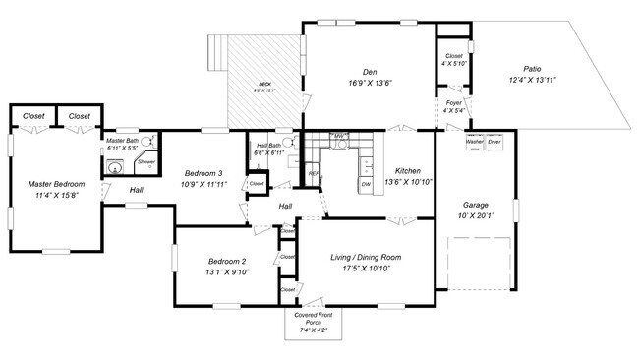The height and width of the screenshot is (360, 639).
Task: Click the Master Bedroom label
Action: [x=56, y=184]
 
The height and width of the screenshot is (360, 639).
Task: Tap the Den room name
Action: [x=370, y=71]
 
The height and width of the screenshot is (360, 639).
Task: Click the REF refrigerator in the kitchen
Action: [x=314, y=174]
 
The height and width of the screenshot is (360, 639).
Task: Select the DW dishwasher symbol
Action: [x=366, y=184]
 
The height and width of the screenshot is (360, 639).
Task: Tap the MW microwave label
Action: [x=339, y=136]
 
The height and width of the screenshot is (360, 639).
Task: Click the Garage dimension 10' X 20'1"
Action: [x=476, y=215]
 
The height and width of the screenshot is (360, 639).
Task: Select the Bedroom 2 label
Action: [x=227, y=261]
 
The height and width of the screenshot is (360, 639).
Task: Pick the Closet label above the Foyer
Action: [x=453, y=56]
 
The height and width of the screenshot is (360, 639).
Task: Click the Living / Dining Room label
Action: [x=365, y=257]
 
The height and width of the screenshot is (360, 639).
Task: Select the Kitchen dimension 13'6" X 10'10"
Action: [x=406, y=181]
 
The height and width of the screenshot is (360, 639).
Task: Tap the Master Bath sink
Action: [x=115, y=166]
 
